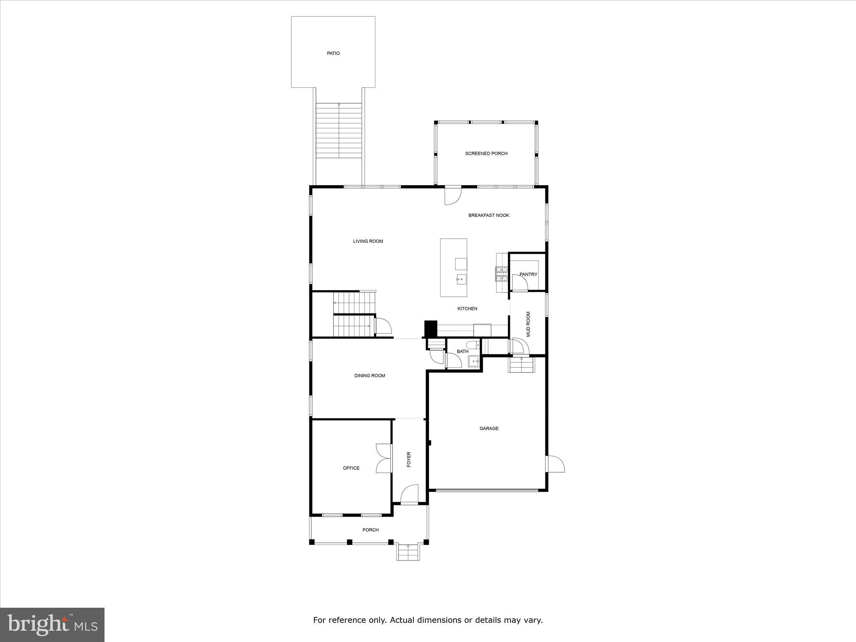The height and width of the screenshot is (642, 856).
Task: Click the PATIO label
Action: [x=333, y=53]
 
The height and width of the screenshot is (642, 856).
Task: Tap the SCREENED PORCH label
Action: [x=486, y=153]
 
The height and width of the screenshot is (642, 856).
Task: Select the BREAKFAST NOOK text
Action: [x=489, y=215]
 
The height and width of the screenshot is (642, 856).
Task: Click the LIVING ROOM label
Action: [x=368, y=241]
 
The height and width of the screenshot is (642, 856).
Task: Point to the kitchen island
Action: [x=453, y=267]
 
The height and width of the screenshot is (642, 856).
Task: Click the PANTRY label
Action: [x=528, y=274]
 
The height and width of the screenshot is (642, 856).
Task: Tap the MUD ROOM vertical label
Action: [x=528, y=324]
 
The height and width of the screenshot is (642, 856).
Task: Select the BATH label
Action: [x=462, y=352]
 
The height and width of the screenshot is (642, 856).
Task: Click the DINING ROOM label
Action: [x=369, y=376]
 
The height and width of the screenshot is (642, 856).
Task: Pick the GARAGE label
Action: [x=489, y=428]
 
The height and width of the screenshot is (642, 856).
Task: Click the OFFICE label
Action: [x=351, y=468]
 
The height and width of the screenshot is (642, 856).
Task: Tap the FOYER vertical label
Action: [x=409, y=459]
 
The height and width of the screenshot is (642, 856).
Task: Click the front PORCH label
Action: [x=370, y=530]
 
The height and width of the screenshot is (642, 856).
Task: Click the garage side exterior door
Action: [x=555, y=464]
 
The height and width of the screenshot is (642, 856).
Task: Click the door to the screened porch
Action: [x=452, y=195]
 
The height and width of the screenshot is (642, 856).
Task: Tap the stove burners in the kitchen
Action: [x=501, y=274]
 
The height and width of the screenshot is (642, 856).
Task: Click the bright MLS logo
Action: [x=52, y=625]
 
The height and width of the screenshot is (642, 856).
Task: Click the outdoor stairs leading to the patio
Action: [x=339, y=130]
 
